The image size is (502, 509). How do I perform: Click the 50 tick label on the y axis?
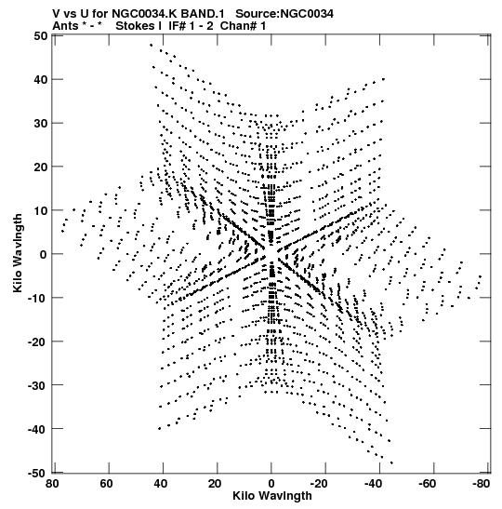(41, 35)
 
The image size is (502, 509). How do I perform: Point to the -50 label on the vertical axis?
(37, 474)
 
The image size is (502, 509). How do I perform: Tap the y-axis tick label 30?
(41, 124)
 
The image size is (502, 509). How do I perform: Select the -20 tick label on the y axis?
(37, 342)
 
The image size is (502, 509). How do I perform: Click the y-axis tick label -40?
(37, 429)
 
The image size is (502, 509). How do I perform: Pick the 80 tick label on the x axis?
(52, 484)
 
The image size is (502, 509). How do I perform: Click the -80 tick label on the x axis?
(482, 484)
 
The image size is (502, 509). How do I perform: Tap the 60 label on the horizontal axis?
(106, 484)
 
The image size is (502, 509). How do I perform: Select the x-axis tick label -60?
(428, 484)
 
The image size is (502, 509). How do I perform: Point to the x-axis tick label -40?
(374, 484)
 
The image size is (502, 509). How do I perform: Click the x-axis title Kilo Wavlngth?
(272, 496)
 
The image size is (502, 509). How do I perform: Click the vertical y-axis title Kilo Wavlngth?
(18, 253)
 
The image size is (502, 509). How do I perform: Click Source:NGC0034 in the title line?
(284, 14)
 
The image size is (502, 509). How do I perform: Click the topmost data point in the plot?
(152, 45)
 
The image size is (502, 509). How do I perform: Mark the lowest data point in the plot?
(391, 462)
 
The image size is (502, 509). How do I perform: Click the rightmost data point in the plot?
(481, 276)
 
